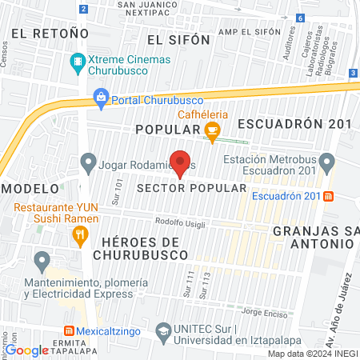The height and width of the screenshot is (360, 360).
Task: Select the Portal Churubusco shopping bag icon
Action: point(102,99)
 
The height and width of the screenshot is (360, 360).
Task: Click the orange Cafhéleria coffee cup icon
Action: point(212,130)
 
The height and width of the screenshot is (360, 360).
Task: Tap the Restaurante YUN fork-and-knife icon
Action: point(78,235)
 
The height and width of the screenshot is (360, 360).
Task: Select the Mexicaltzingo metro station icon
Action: point(70,330)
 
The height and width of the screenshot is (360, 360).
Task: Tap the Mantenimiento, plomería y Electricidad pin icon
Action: point(41,261)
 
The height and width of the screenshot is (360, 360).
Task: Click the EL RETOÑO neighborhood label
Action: point(49,34)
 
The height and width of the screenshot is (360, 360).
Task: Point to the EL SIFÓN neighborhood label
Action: point(179,38)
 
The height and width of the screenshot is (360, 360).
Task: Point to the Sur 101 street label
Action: point(118,191)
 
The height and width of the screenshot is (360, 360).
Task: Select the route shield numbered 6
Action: point(299,17)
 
